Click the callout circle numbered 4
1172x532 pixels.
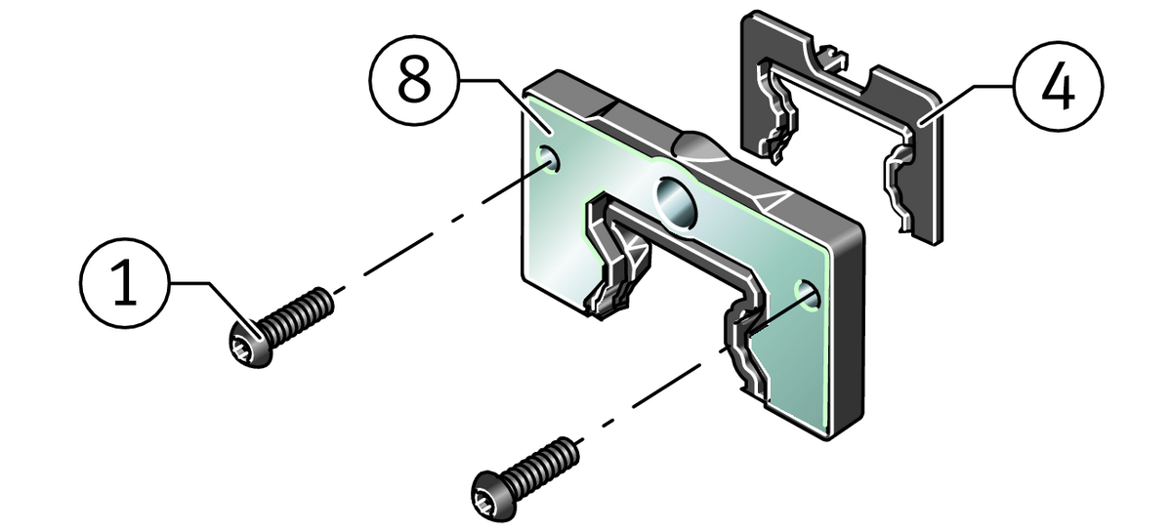1057,89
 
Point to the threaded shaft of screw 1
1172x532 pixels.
297,314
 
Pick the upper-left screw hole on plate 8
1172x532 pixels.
548,158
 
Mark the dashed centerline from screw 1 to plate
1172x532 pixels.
439,229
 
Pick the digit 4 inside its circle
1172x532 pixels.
1057,89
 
